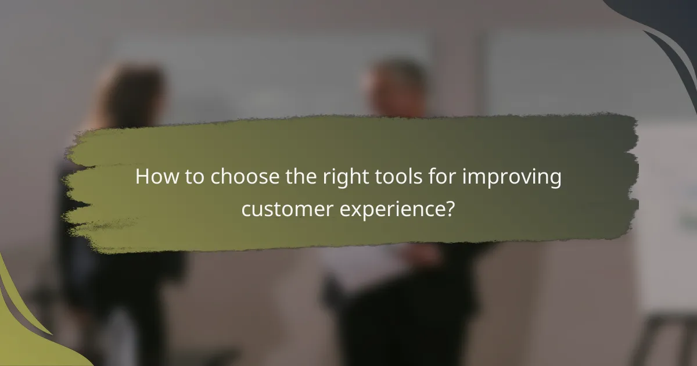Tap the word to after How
click(192, 177)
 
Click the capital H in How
click(142, 177)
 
